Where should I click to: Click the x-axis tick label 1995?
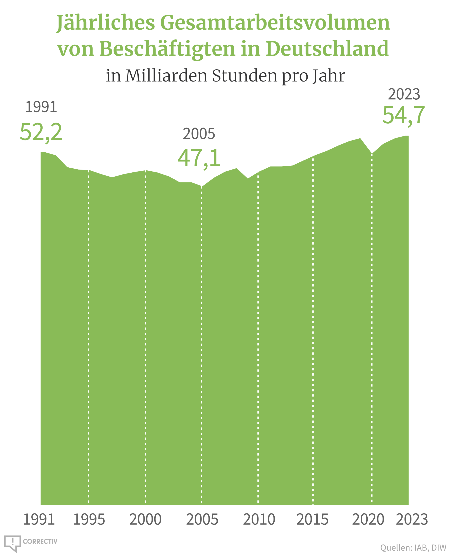tap(89, 520)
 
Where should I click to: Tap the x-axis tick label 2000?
tap(145, 520)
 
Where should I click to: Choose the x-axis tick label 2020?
tap(368, 520)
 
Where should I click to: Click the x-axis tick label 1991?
tap(39, 520)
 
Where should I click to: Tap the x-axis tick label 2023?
tap(412, 520)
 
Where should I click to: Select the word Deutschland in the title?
tap(327, 49)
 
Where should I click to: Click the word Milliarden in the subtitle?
tap(166, 76)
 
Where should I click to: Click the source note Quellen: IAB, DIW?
tap(413, 548)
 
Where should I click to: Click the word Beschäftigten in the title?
tap(167, 49)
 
